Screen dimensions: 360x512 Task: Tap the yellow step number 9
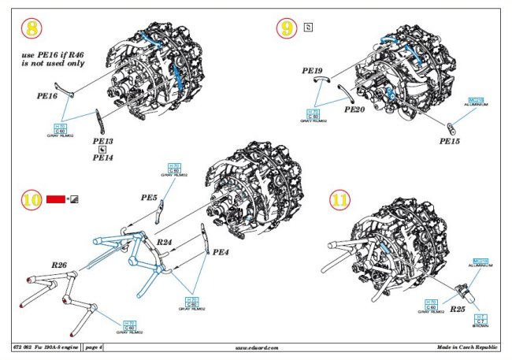(286, 30)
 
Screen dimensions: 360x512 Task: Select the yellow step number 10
(31, 200)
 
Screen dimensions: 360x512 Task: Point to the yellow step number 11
(339, 200)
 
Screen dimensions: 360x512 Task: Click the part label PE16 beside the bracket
(47, 95)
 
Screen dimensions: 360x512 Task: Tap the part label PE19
(313, 71)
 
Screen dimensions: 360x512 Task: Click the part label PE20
(354, 109)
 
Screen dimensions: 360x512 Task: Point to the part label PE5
(149, 197)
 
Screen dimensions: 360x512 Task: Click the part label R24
(165, 241)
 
